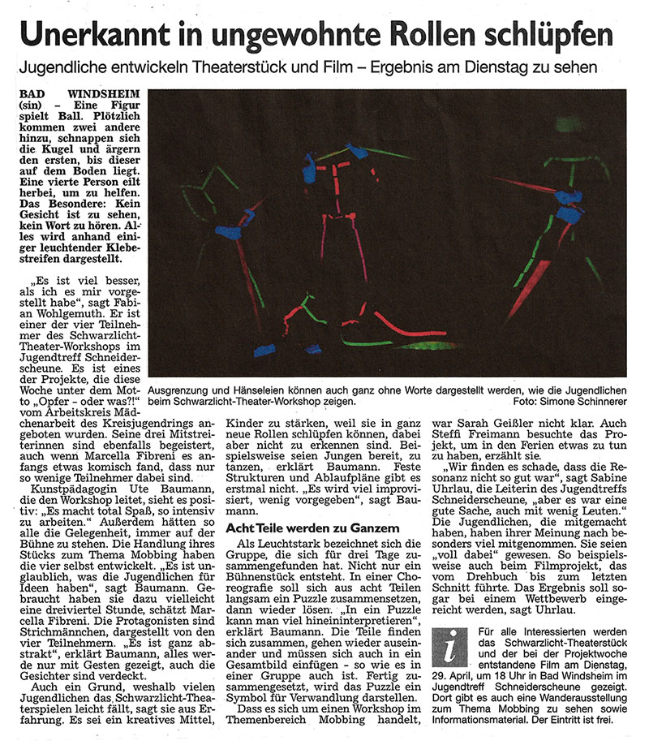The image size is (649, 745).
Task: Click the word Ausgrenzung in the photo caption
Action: point(186,389)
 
